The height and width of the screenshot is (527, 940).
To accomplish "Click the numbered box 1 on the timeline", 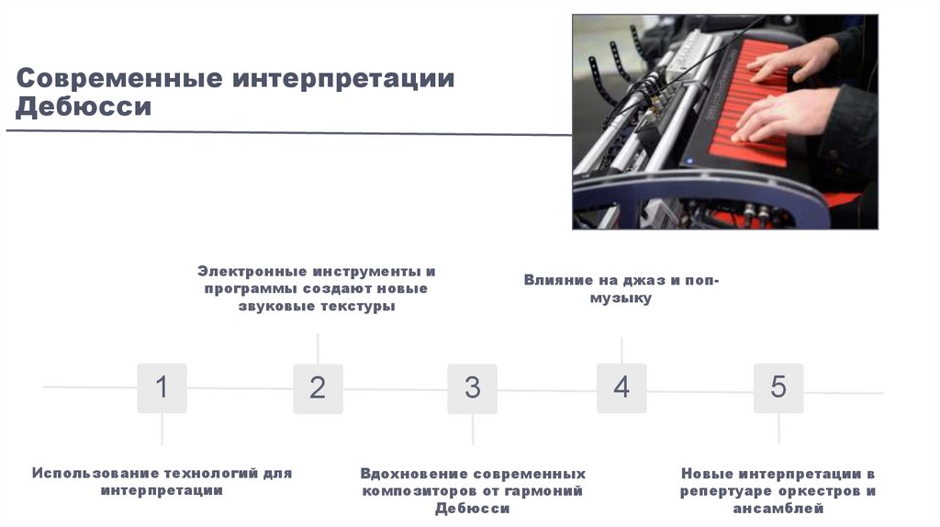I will coord(162,387).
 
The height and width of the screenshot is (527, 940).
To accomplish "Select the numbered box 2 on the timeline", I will coord(318,387).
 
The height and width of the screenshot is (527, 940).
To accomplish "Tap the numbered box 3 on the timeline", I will coord(472,387).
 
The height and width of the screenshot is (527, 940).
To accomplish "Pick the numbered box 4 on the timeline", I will coord(621,387).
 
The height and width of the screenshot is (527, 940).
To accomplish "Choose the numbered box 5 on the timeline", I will coord(778,387).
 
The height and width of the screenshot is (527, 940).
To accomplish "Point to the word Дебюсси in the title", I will coord(83,108).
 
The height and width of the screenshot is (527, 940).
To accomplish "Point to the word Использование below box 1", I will coord(95,474).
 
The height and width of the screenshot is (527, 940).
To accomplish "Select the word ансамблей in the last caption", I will coord(778,509).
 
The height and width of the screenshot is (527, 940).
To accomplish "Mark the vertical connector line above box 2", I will coord(318,348).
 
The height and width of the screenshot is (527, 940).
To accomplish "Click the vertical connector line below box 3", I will coord(472,430).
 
